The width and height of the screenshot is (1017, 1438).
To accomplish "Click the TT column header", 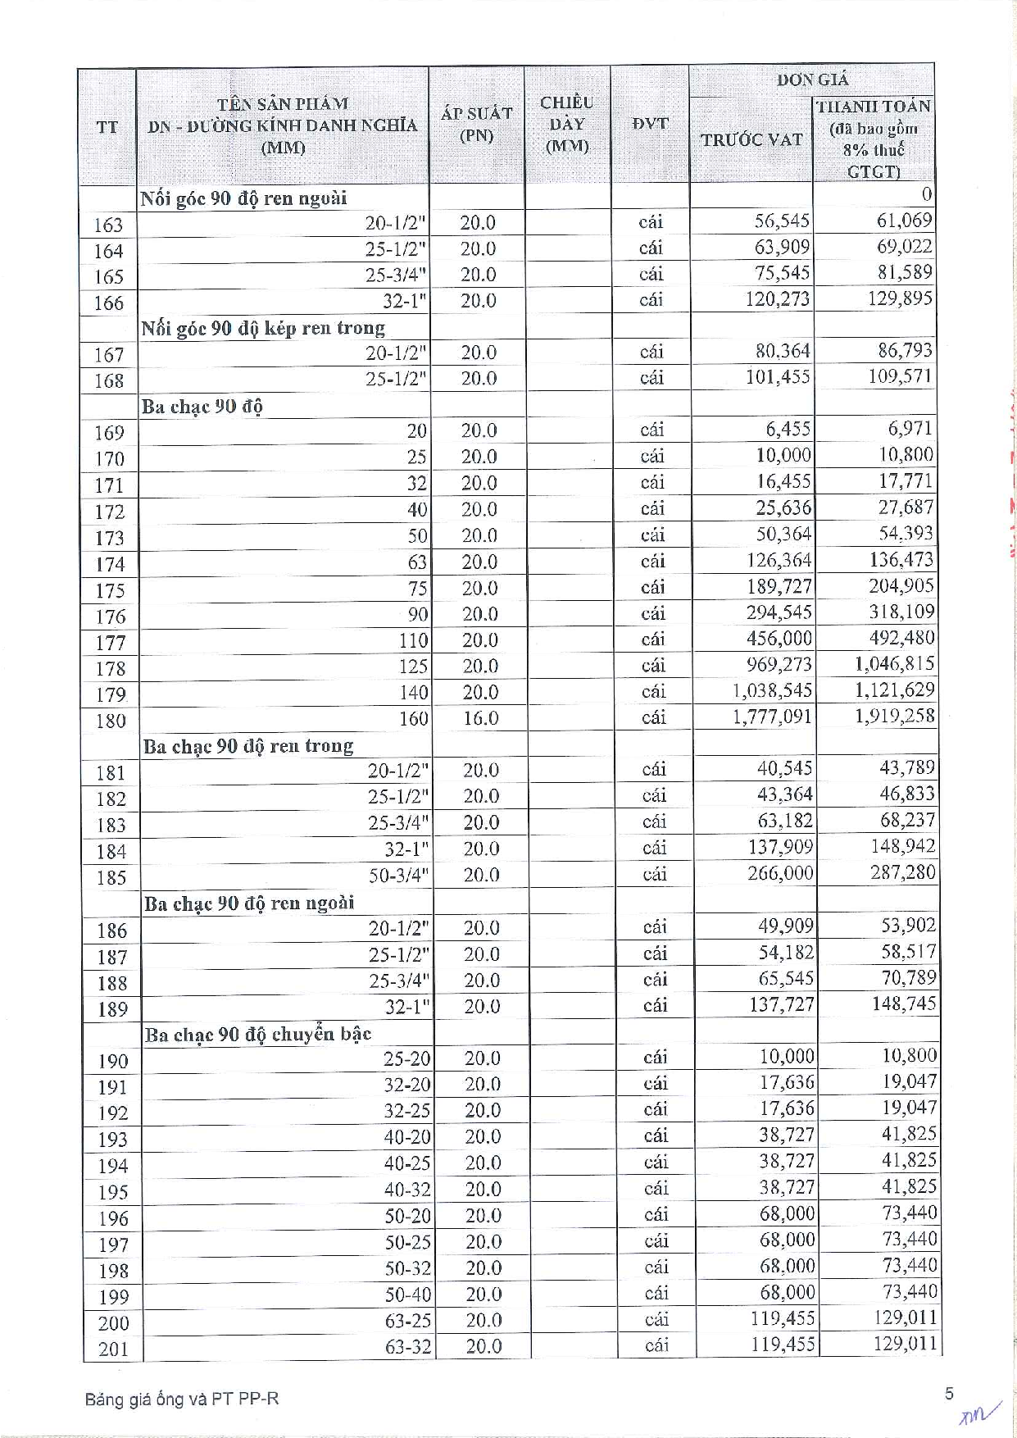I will click(x=107, y=127).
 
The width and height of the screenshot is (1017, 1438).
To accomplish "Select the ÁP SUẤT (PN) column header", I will click(x=476, y=125).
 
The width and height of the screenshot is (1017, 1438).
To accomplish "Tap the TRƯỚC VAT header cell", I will click(x=751, y=140).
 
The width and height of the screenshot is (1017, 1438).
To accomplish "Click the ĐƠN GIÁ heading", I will click(x=812, y=80).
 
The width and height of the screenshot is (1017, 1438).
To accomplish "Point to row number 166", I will click(x=108, y=303).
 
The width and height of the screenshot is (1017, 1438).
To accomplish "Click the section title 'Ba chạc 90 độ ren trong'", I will click(x=248, y=746).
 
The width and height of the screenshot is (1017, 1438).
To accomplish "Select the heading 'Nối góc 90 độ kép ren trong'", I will click(x=263, y=329).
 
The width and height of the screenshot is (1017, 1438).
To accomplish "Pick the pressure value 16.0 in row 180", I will click(x=480, y=719).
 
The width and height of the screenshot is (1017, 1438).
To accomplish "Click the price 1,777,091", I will click(x=772, y=717).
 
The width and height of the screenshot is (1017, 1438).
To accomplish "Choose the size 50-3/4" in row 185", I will click(x=399, y=876).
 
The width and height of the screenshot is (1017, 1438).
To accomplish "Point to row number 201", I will click(x=113, y=1349).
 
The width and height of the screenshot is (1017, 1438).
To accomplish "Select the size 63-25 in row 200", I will click(x=408, y=1321).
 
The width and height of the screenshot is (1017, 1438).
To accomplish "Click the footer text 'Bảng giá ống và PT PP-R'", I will click(x=181, y=1399).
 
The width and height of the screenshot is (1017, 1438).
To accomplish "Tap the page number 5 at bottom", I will click(x=949, y=1394).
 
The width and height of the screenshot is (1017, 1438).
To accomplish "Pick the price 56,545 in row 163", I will click(x=782, y=221).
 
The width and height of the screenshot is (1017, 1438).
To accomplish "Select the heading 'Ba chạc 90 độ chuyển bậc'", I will click(x=258, y=1035).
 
